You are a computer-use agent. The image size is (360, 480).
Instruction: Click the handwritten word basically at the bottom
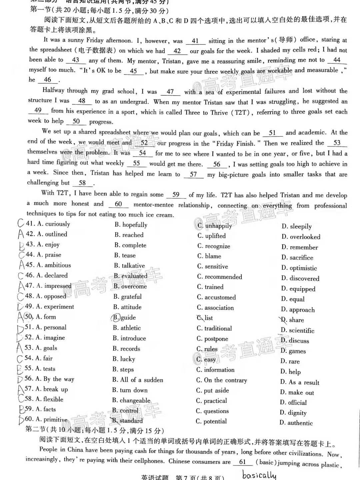point(259,474)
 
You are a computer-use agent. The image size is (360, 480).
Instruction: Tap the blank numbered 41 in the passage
point(195,41)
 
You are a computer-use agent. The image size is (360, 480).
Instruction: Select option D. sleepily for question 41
point(296,226)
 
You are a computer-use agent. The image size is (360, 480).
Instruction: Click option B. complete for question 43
point(130,245)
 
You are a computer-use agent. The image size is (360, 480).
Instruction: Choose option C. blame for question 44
point(209,256)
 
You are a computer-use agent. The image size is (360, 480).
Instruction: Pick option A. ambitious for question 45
point(48,265)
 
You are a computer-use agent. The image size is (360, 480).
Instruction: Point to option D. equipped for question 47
point(298,289)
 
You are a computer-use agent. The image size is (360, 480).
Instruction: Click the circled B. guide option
point(124,317)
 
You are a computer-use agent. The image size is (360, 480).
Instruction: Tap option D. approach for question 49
point(298,310)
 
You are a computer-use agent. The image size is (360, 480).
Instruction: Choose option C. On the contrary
point(221,380)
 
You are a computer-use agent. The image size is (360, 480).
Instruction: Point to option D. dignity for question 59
point(293,413)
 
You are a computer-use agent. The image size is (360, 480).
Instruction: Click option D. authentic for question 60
point(296,423)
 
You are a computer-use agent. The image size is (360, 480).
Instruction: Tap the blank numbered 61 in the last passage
point(242,462)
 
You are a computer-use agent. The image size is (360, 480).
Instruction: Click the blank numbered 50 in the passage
point(76,121)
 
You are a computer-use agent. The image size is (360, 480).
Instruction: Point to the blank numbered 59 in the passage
point(176,195)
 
